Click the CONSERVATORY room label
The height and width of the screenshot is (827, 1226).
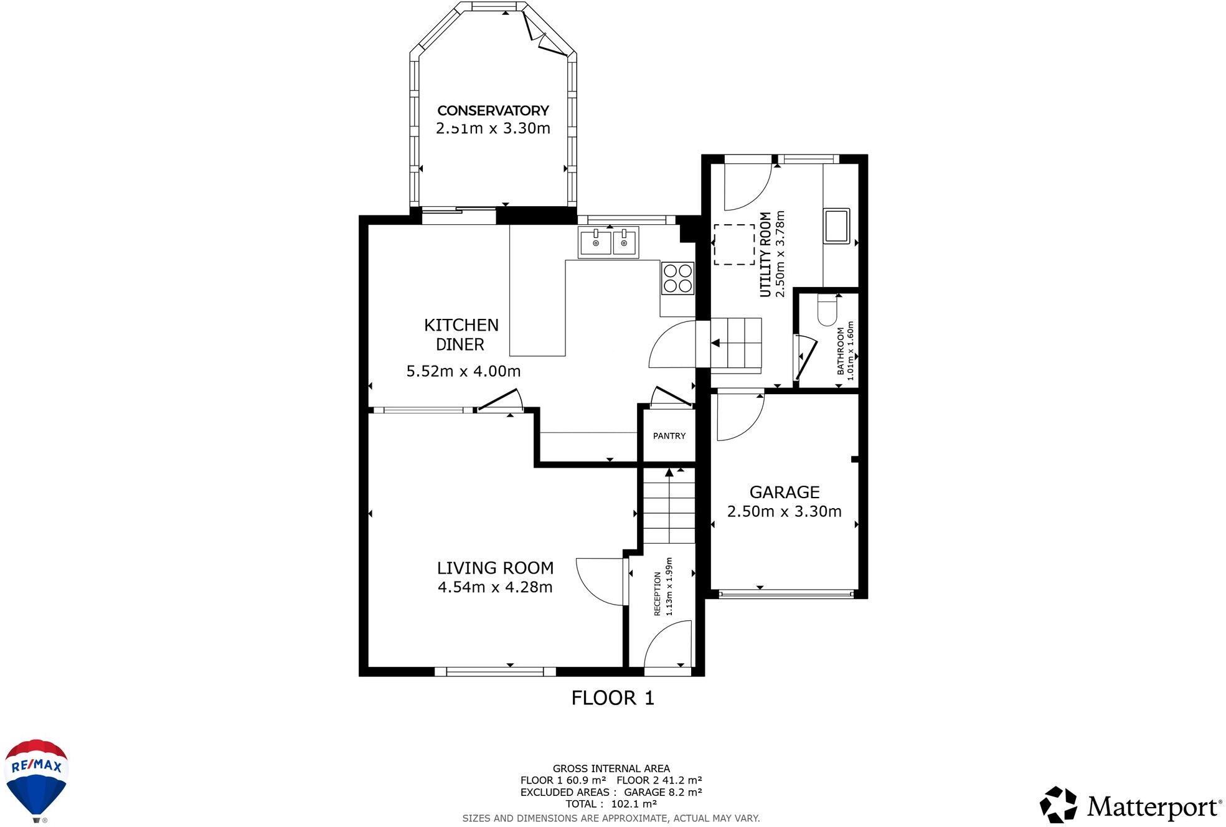(x=493, y=111)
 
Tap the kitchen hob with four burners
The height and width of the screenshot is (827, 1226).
(x=677, y=278)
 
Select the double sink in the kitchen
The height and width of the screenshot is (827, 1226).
(x=608, y=242)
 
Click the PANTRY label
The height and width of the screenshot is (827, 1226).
(x=669, y=436)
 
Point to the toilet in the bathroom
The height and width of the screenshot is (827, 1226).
(x=827, y=311)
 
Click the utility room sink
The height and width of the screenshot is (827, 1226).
(x=836, y=226)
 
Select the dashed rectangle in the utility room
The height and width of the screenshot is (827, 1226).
(x=733, y=245)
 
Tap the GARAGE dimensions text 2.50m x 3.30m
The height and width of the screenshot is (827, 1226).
(x=784, y=511)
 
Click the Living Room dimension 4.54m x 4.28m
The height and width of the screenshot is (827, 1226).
(x=495, y=587)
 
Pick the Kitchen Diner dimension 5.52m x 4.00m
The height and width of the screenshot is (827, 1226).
(x=463, y=371)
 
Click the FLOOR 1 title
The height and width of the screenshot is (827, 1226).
(x=613, y=698)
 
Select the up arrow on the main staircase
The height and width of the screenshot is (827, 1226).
(x=669, y=473)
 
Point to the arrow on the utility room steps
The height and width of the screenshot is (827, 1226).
(x=715, y=343)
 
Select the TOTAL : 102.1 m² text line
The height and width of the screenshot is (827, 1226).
(x=611, y=804)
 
